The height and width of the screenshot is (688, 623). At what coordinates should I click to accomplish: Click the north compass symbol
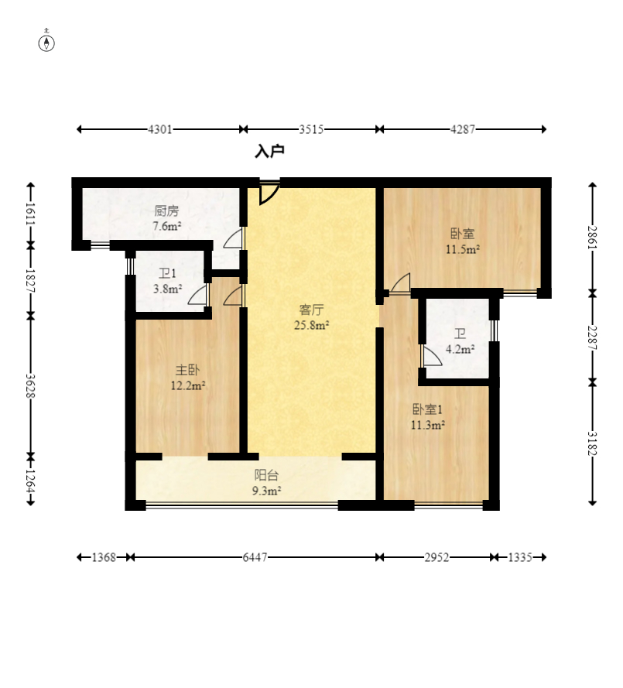[46, 41]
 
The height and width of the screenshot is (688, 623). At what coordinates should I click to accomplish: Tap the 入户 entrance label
[270, 152]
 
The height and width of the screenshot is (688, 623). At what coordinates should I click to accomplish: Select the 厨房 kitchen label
[166, 211]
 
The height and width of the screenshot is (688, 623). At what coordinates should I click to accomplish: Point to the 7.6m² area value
[166, 227]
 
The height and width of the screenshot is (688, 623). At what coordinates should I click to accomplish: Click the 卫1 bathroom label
[167, 274]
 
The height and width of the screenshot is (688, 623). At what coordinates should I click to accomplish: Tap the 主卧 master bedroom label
[188, 370]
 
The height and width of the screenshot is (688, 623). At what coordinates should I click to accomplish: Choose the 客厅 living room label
[311, 310]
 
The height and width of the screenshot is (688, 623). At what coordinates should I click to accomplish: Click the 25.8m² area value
[311, 325]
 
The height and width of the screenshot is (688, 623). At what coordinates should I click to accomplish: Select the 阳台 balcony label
[267, 475]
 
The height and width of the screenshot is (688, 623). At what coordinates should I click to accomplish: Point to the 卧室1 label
[427, 409]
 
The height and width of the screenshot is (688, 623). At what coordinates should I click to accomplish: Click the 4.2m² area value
[460, 349]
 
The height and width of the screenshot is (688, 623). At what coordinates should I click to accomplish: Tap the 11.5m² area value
[463, 249]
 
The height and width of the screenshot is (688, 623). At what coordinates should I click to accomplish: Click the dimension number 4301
[159, 129]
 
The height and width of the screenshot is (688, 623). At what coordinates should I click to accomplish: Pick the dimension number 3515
[311, 129]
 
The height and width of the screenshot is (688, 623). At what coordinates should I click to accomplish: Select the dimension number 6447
[255, 557]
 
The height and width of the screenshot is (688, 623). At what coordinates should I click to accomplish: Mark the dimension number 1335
[520, 557]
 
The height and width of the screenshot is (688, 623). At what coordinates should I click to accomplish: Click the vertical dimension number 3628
[31, 385]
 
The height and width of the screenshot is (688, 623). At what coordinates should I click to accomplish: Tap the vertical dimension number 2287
[593, 337]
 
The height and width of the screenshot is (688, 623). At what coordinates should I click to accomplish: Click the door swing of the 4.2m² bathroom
[432, 355]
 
